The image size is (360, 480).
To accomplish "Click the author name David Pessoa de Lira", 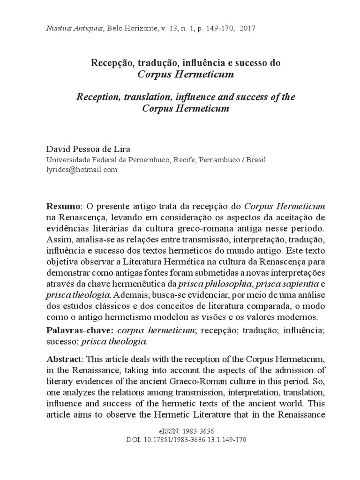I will coord(87,150).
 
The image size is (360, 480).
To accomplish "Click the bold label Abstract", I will coord(64,359).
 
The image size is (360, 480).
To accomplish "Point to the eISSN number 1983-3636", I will coord(196,431).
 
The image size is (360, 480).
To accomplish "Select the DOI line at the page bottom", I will coord(186,440).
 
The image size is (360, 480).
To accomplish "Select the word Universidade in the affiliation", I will coord(66,160).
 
